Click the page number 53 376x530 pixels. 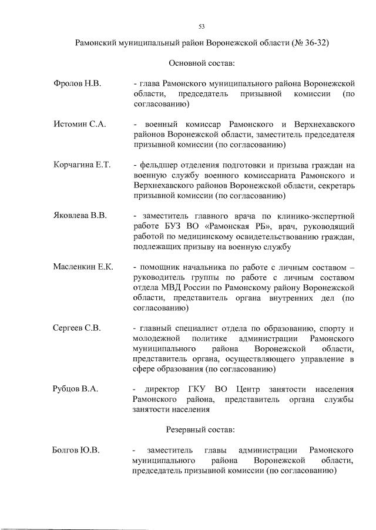coord(202,26)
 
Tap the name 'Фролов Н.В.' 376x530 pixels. coord(77,84)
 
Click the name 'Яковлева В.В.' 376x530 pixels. coord(80,216)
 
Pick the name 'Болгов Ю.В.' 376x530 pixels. coord(76,450)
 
